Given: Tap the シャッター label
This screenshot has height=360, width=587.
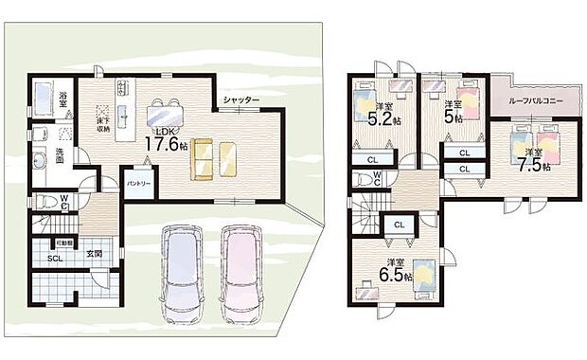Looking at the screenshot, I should [x=241, y=99].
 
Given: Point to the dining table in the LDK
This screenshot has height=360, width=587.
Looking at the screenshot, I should [x=166, y=114].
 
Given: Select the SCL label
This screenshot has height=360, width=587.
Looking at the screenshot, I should [x=56, y=258].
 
